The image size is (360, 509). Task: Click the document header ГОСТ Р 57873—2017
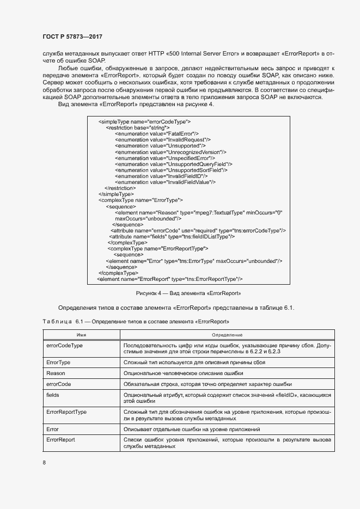click(72, 36)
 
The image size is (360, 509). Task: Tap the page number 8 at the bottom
click(44, 463)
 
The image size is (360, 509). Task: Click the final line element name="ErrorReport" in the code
click(170, 279)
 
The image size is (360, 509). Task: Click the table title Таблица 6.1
click(136, 322)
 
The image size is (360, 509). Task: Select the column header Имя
click(82, 335)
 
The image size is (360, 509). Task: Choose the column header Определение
click(227, 335)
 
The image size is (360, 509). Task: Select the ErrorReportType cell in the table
click(66, 412)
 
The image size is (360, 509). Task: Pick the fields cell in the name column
click(53, 394)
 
